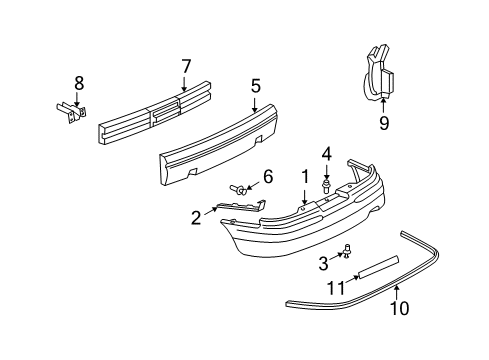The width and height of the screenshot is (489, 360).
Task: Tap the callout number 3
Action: (323, 263)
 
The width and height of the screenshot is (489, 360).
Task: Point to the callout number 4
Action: (326, 154)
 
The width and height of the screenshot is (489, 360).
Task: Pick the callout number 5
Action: (256, 86)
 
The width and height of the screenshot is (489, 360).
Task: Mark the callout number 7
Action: (184, 67)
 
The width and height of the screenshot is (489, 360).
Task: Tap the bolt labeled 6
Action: (240, 188)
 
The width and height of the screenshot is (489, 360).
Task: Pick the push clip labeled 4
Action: (326, 184)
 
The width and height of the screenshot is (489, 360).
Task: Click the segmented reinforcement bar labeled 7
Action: (150, 115)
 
